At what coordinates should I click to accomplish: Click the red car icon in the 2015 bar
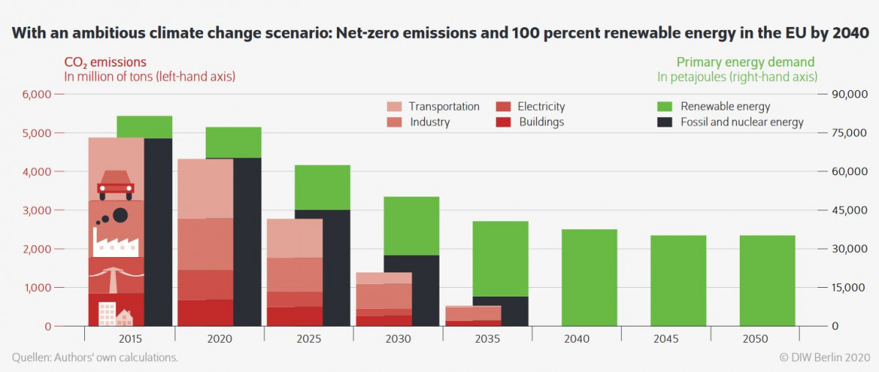point(116,185)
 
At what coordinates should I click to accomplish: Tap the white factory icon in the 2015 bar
point(116,241)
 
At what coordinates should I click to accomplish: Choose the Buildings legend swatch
point(502,122)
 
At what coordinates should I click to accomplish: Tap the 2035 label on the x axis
point(487,339)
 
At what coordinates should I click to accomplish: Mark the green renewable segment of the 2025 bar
point(322,187)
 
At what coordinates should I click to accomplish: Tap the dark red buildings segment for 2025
point(294,316)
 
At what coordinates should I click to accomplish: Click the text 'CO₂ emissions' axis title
point(105,62)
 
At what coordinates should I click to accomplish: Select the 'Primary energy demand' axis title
point(745,62)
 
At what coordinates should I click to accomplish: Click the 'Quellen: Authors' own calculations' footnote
point(94,358)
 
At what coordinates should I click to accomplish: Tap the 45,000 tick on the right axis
point(848,210)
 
